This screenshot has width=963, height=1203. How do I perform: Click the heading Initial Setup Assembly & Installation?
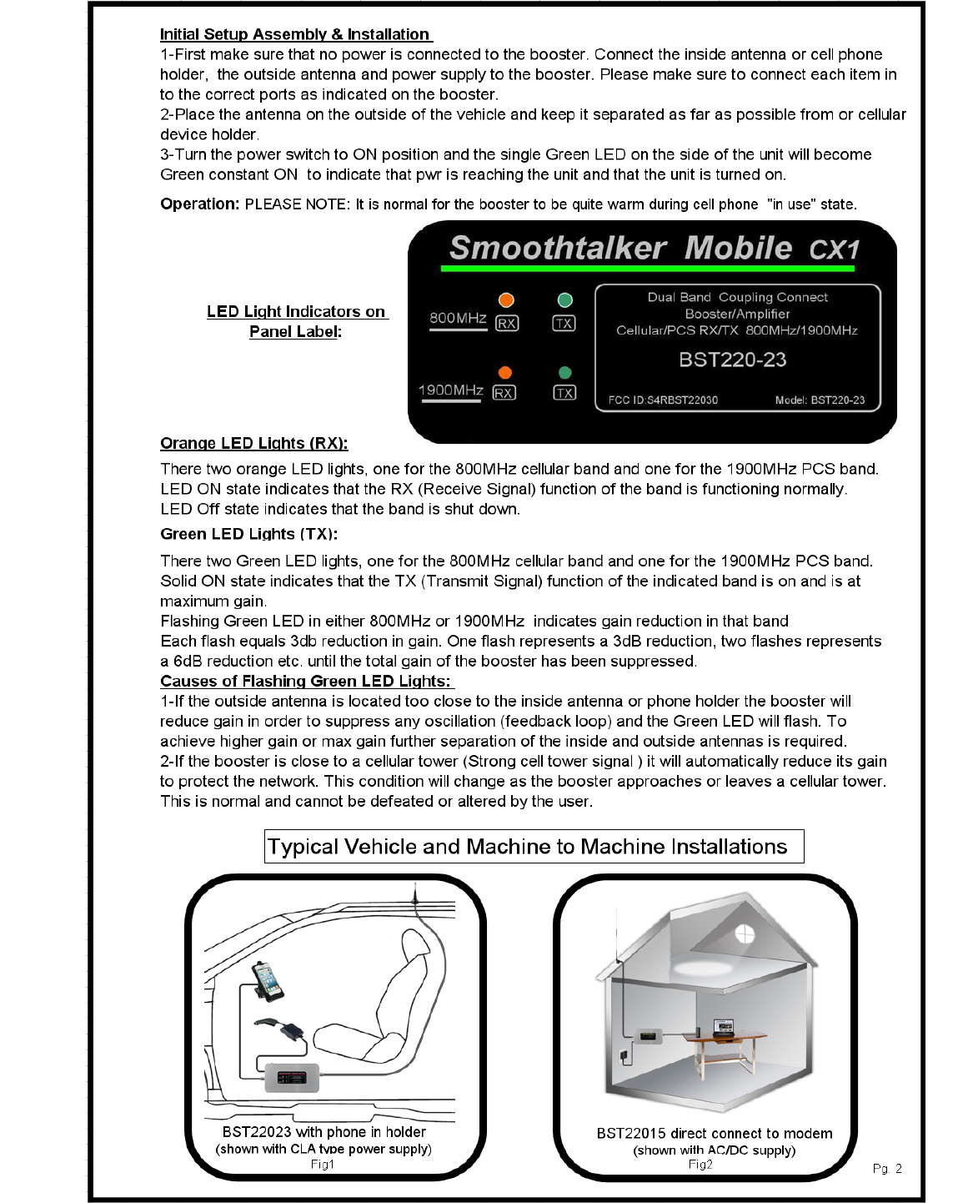[x=295, y=34]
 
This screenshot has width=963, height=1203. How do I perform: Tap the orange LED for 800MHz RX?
[x=506, y=300]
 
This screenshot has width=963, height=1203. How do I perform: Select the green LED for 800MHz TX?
[x=564, y=300]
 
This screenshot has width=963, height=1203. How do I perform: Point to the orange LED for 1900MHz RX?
[x=504, y=373]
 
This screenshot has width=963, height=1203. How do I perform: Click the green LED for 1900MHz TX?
[x=564, y=373]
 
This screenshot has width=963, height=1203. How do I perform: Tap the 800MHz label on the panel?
[x=458, y=318]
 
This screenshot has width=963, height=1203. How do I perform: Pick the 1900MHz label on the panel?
[x=451, y=390]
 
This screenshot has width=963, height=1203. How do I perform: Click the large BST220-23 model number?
[x=732, y=360]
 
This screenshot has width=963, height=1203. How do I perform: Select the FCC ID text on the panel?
[x=663, y=400]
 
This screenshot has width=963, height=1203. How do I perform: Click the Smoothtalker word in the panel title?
[x=557, y=248]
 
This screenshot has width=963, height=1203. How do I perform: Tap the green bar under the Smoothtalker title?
[x=648, y=269]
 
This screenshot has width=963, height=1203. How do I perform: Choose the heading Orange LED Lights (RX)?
[x=254, y=443]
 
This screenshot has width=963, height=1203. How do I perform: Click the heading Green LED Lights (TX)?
[x=248, y=534]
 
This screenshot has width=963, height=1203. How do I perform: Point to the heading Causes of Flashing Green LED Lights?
[x=305, y=681]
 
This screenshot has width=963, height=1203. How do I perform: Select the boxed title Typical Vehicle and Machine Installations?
[x=534, y=847]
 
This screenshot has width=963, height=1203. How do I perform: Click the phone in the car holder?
[x=268, y=980]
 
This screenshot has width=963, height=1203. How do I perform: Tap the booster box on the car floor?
[x=292, y=1077]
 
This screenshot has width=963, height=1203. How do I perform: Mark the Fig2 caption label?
[x=700, y=1165]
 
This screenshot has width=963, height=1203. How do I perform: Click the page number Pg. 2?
[x=887, y=1169]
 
